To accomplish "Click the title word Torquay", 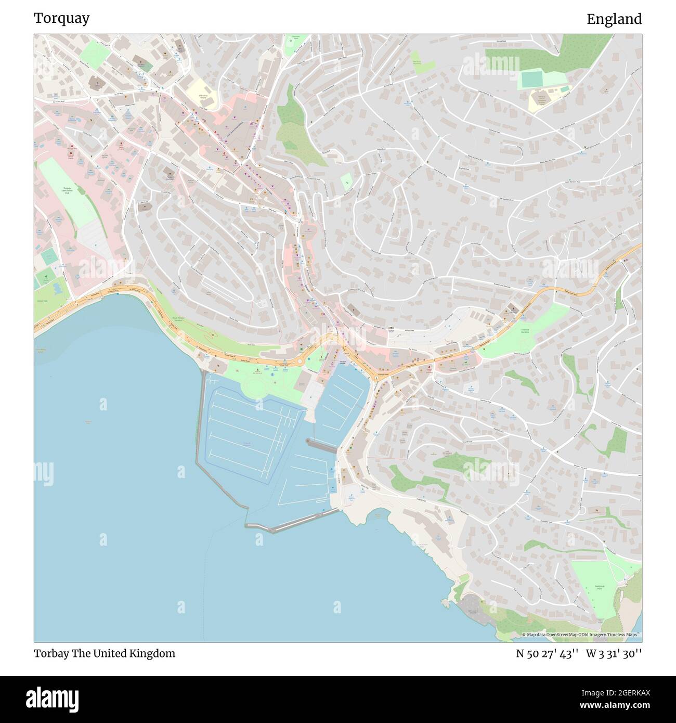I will point(61,19).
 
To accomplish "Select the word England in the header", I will point(614,19).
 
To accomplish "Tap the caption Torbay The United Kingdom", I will point(105,653).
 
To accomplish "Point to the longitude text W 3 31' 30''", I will point(614,653).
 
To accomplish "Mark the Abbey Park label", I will point(42,301).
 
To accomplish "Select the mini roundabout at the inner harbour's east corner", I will point(376,378).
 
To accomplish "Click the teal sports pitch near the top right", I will point(531,80).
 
